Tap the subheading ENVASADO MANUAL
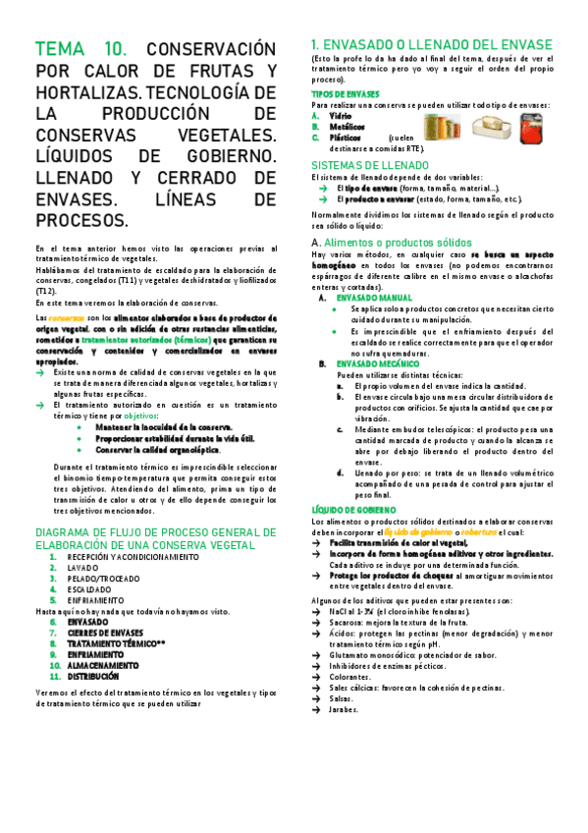click(374, 297)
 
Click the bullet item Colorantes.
click(351, 676)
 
